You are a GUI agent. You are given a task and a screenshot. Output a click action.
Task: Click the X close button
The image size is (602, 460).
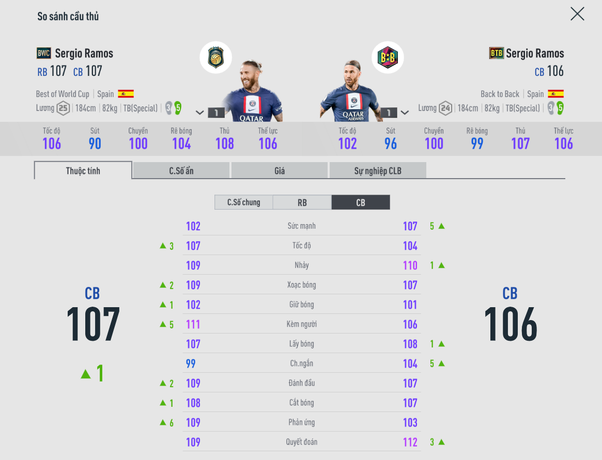tap(577, 14)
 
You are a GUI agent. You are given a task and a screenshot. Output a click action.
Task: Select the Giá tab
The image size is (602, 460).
tap(279, 171)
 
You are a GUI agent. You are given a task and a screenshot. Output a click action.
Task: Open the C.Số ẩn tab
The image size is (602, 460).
tap(181, 171)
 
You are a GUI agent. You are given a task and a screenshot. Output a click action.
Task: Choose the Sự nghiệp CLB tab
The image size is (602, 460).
tap(377, 171)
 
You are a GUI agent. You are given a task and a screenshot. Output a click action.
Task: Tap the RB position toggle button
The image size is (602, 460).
tap(302, 202)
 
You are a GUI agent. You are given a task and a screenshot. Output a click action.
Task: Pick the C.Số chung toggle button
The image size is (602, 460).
tap(243, 202)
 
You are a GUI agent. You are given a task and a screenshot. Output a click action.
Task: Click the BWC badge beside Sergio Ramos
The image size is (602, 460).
tap(44, 53)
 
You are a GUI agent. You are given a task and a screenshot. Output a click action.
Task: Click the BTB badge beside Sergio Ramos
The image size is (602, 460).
tap(496, 53)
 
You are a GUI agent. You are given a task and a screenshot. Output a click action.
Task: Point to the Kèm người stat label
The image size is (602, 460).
tap(301, 324)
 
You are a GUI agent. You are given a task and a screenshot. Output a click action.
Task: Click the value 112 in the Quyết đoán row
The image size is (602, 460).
tap(410, 442)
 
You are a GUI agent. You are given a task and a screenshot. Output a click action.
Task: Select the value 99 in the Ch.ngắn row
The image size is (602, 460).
tap(191, 363)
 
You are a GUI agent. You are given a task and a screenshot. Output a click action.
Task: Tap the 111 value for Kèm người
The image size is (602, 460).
tap(193, 324)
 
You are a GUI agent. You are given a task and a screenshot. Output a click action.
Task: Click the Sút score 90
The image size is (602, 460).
tap(95, 144)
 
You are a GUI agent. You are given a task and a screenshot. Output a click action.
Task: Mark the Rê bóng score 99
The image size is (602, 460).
tap(477, 144)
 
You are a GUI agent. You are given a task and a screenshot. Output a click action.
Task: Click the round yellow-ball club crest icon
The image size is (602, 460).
tap(215, 57)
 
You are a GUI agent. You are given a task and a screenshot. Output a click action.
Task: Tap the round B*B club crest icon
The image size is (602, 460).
tap(388, 57)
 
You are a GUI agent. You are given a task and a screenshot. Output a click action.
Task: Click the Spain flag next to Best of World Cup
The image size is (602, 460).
tap(126, 94)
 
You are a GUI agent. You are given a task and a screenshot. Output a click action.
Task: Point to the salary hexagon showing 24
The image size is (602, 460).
tap(445, 108)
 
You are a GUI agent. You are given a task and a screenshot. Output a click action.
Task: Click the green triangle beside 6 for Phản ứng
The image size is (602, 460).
tap(163, 422)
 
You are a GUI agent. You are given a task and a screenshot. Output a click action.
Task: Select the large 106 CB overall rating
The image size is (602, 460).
tap(510, 324)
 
